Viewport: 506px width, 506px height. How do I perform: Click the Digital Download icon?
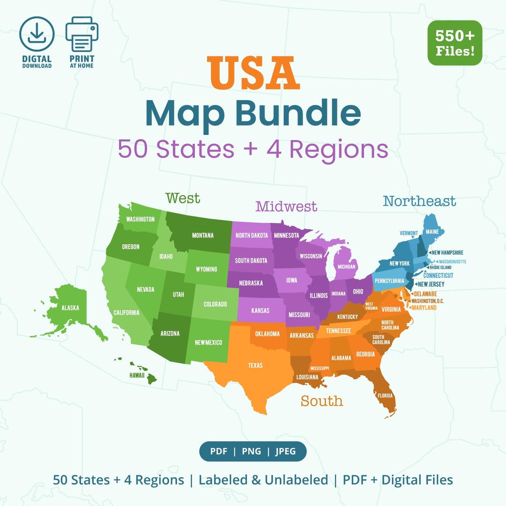pos(37,34)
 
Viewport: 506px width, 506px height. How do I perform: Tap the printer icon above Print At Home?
pos(82,34)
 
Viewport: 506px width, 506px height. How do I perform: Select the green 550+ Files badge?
pos(454,43)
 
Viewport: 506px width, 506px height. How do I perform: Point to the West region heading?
pos(183,198)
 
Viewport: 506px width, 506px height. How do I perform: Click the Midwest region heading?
pos(286,206)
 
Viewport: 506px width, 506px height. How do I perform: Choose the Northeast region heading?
pos(419,201)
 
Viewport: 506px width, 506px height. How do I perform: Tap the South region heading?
pos(322,401)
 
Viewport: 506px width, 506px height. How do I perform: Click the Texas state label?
pos(255,365)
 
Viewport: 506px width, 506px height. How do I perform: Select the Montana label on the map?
pos(202,235)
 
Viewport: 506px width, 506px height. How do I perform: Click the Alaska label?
pos(70,308)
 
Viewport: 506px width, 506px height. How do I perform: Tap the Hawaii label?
pos(137,375)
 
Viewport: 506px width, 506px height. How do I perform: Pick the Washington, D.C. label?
pos(427,301)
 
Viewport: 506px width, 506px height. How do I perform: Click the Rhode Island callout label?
pos(441,268)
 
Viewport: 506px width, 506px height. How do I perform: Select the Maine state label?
pos(432,231)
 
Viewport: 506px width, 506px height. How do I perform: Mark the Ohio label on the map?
pos(358,291)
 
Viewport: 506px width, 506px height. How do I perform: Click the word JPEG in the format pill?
pos(285,452)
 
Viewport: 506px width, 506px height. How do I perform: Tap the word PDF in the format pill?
pos(218,452)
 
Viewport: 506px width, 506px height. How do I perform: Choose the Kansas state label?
pos(260,311)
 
